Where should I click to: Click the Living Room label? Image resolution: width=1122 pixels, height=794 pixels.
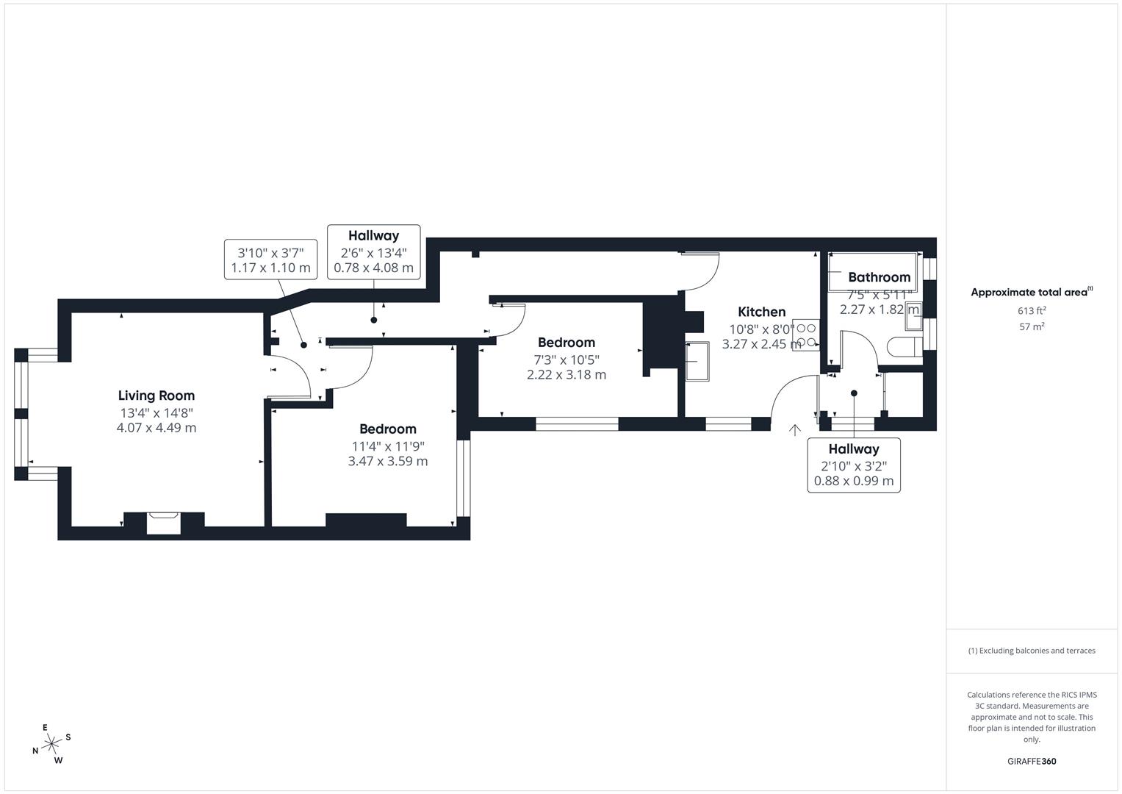[x=156, y=396]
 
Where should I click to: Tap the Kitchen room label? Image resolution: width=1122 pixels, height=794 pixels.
[x=761, y=312]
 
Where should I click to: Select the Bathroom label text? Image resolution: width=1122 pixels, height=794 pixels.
[x=879, y=277]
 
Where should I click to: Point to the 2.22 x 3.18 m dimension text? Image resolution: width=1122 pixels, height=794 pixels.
[x=566, y=374]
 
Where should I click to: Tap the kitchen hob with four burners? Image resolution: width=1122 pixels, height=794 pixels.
[x=806, y=335]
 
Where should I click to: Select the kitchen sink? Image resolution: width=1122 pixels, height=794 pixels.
[x=698, y=361]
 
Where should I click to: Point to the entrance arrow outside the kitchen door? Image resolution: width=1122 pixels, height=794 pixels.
[x=794, y=430]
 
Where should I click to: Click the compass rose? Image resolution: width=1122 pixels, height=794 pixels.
[x=51, y=744]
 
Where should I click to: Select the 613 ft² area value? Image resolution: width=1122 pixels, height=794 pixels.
[x=1031, y=310]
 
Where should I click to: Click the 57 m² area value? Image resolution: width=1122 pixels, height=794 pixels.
[x=1031, y=326]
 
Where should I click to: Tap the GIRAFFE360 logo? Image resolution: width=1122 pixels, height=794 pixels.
[x=1031, y=761]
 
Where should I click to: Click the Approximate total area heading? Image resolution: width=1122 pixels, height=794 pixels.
[x=1031, y=292]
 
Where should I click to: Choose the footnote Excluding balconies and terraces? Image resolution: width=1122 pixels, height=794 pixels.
[x=1031, y=651]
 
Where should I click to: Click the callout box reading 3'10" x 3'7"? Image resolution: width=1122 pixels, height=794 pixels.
[x=270, y=260]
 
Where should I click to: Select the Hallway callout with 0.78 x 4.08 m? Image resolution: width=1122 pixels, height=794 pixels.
[x=373, y=251]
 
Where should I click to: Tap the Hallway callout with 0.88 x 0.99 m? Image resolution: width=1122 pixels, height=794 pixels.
[x=853, y=465]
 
